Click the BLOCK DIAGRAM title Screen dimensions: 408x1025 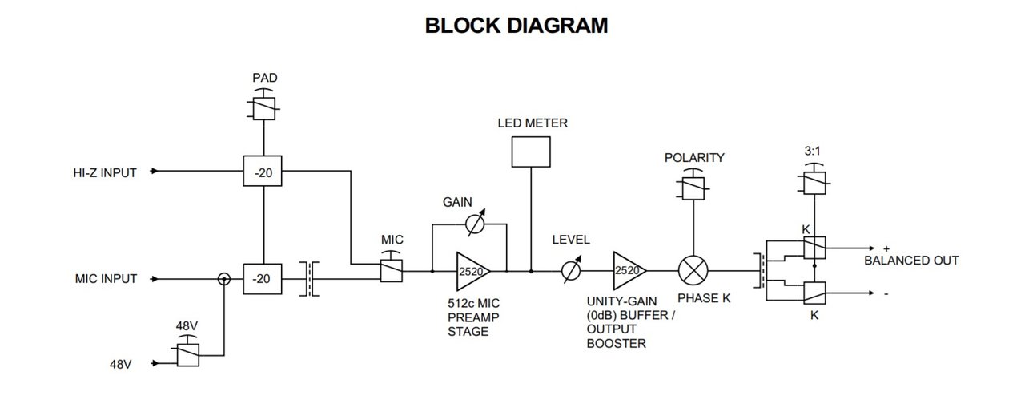(516, 26)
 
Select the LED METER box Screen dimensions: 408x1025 (531, 151)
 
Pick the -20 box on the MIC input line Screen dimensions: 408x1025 (263, 279)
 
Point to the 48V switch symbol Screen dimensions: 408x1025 (187, 353)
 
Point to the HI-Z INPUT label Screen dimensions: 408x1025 (103, 172)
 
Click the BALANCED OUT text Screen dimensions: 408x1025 (910, 261)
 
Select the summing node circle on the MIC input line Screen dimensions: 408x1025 (225, 279)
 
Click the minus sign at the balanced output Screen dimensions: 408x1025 (886, 294)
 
